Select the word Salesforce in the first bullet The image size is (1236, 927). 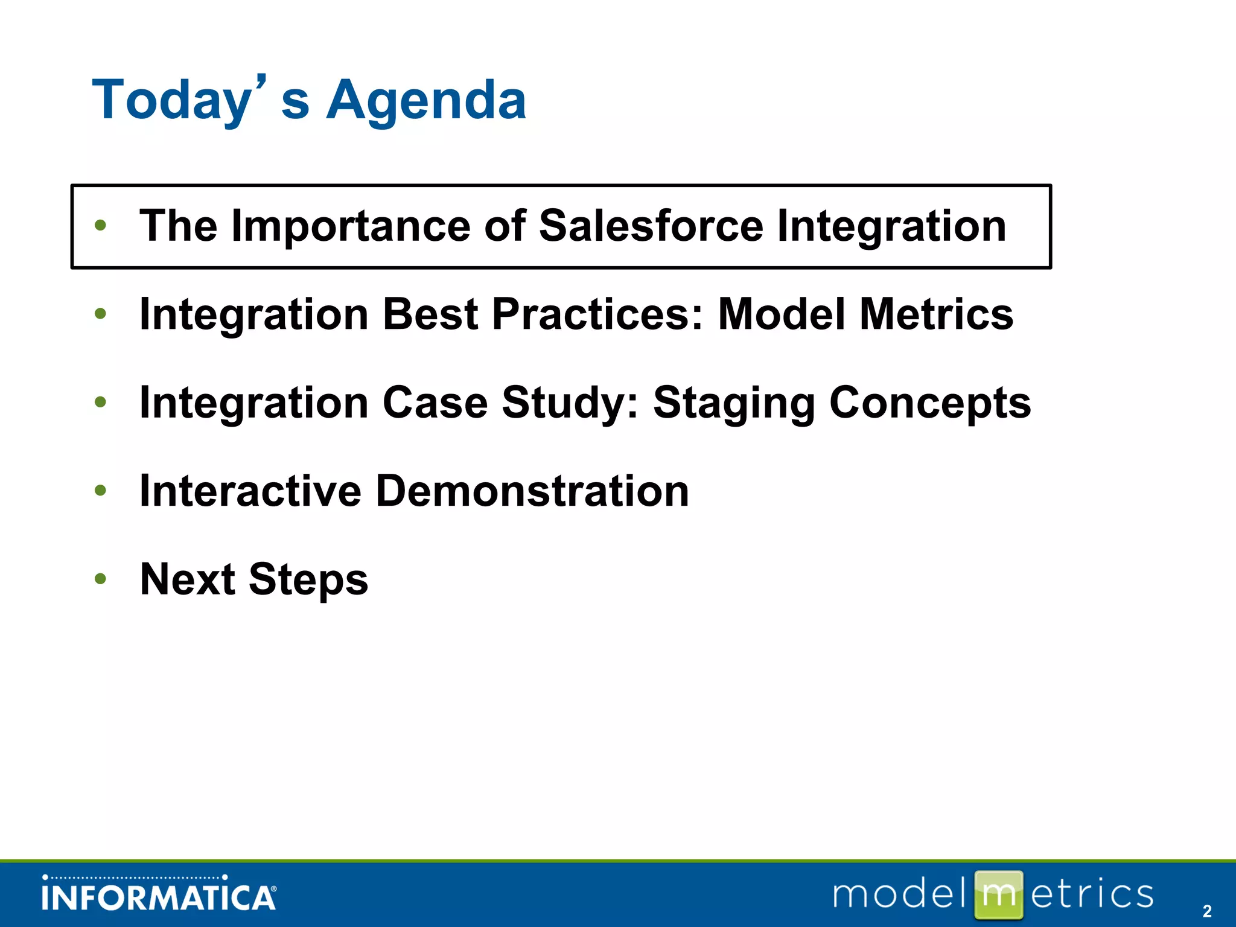(x=651, y=226)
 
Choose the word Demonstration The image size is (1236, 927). (x=532, y=491)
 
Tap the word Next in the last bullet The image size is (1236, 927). (x=187, y=579)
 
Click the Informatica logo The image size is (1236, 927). (x=159, y=893)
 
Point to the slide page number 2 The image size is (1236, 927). (x=1207, y=911)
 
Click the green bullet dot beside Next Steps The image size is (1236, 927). (x=100, y=579)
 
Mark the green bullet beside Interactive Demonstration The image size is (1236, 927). (x=100, y=491)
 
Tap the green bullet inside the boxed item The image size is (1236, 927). (x=100, y=226)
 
